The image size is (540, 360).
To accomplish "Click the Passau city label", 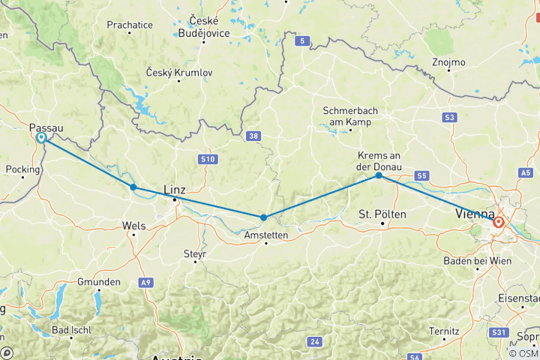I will coord(46,128).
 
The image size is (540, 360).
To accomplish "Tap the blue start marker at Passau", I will coord(41,138).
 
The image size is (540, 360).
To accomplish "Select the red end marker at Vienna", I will coord(498,222).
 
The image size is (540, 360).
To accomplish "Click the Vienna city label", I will coord(475,215).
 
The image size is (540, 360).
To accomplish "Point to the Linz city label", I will coord(174,190).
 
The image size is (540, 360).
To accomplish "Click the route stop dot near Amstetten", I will coord(263,217).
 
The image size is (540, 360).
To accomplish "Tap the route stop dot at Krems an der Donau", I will coord(379,175).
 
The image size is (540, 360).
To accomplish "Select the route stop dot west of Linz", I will coord(133,187).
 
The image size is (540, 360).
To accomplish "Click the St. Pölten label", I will coord(382,214).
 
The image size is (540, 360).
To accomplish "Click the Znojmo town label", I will coord(448,62).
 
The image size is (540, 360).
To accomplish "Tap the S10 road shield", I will coord(207,160).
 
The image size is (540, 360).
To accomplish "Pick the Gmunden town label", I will coord(98,282).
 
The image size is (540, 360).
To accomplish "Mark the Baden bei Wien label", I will coord(476,260).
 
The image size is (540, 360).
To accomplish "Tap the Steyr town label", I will coord(194,254).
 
